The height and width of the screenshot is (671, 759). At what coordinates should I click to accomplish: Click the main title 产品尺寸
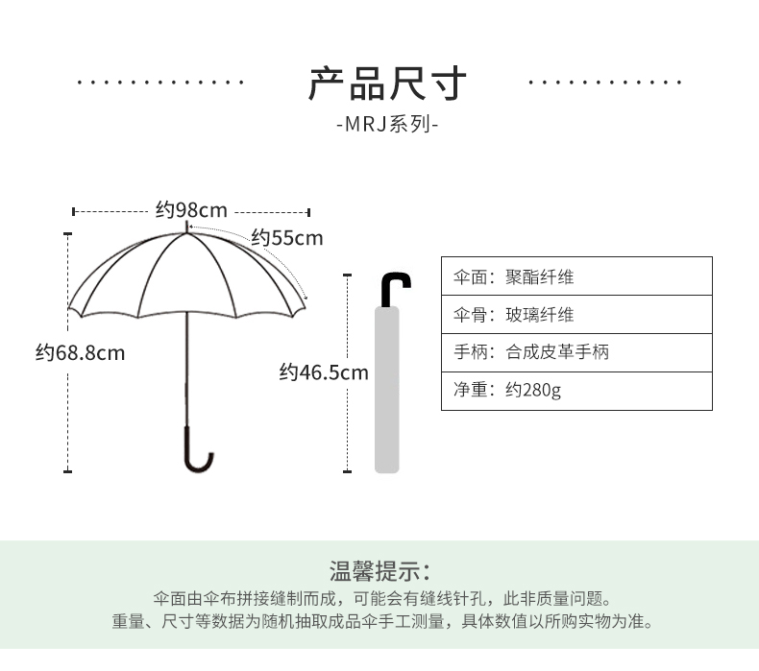(x=387, y=84)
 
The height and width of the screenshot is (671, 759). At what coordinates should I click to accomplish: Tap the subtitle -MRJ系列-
(x=387, y=125)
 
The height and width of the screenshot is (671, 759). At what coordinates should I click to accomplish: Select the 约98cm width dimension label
(x=191, y=210)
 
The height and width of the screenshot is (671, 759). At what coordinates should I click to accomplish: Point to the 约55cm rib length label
(x=286, y=238)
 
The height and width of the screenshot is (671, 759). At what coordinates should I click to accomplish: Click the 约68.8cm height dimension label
(x=81, y=352)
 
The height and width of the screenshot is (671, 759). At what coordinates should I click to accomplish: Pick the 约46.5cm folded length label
(x=324, y=372)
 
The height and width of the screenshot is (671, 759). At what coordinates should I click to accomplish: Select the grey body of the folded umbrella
(x=387, y=390)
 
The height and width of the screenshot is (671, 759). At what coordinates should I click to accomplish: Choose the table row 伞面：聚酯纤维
(x=576, y=276)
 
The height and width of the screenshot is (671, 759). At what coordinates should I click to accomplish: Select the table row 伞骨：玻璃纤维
(x=576, y=315)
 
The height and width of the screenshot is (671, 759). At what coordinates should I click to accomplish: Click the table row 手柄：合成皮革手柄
(x=576, y=352)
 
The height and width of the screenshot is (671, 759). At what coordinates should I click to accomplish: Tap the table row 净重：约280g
(x=576, y=391)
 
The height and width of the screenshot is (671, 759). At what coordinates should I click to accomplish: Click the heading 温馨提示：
(x=380, y=571)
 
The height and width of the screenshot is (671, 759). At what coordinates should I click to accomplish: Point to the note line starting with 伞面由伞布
(x=382, y=599)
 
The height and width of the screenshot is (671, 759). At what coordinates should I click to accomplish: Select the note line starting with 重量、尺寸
(x=382, y=621)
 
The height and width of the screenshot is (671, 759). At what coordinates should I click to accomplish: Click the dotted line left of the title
(x=160, y=83)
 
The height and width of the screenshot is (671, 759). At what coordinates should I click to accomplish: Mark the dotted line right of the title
(x=605, y=83)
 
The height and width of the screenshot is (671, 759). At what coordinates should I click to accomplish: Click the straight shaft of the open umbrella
(x=186, y=369)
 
